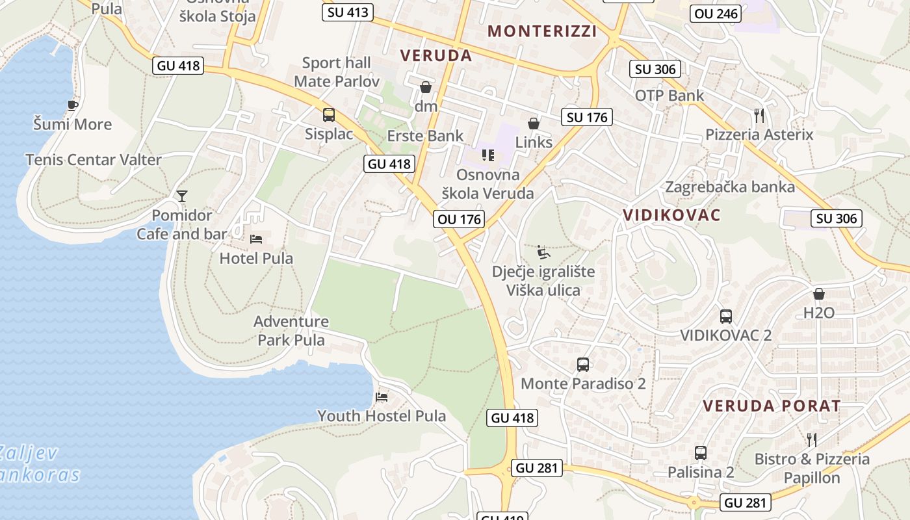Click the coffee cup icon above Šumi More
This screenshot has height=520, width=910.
tap(73, 105)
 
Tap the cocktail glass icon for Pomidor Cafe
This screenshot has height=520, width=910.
tap(182, 196)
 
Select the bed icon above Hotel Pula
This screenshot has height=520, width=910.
tap(256, 239)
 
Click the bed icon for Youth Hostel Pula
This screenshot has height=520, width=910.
tap(382, 396)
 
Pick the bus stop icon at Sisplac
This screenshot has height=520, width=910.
tap(329, 115)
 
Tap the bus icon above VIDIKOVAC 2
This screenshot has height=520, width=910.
tap(726, 317)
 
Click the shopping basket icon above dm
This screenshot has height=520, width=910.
tap(426, 87)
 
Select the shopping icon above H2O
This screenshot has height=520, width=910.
tap(819, 294)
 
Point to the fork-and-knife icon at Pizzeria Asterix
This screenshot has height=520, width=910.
tap(759, 116)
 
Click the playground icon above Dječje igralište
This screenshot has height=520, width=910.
tap(543, 252)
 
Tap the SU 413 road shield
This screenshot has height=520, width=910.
tap(348, 12)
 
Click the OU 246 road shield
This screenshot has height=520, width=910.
tap(716, 13)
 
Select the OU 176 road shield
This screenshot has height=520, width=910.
tap(460, 219)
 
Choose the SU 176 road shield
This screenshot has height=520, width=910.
tap(587, 117)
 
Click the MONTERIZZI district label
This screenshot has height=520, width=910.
tap(542, 31)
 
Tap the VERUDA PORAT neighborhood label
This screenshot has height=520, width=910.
tap(772, 406)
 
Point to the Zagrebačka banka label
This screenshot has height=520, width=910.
tap(729, 187)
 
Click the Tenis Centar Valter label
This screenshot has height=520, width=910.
tap(94, 159)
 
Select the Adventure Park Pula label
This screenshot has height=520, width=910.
tap(291, 330)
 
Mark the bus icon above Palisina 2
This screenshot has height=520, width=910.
tap(701, 453)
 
